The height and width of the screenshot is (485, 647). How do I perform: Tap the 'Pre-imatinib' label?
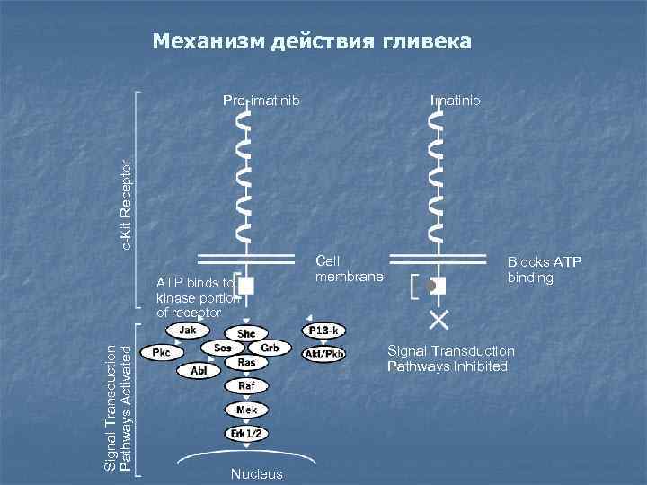point(261,100)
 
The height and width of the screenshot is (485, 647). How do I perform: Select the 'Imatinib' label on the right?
point(456,100)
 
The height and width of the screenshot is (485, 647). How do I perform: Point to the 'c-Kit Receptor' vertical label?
point(129,203)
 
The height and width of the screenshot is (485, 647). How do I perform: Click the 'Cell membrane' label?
point(349,269)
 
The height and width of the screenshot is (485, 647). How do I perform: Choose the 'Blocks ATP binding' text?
point(544,269)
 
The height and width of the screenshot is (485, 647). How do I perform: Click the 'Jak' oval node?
point(188,330)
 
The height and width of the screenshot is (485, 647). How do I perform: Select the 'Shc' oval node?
point(246,333)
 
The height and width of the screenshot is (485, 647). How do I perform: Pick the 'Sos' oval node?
point(223,348)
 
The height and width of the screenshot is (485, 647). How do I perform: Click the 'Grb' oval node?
point(269,348)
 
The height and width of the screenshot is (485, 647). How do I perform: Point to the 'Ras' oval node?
point(246,362)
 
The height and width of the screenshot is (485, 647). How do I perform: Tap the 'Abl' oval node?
point(199,369)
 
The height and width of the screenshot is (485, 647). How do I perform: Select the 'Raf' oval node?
point(246,385)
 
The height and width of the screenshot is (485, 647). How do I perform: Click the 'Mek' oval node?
point(246,410)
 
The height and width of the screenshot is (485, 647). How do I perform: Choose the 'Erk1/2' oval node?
point(246,434)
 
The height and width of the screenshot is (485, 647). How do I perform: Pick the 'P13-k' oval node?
point(323,331)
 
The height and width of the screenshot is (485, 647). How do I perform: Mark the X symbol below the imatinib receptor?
point(439,319)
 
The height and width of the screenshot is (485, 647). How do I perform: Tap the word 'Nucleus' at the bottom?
point(256,474)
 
